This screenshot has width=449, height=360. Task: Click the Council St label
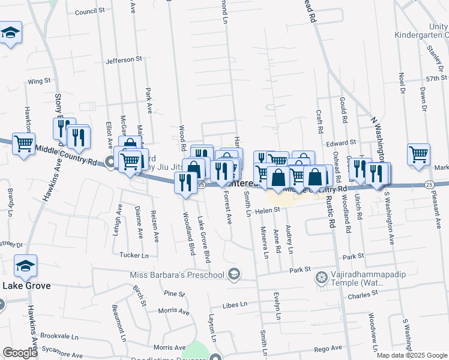pos(90,11)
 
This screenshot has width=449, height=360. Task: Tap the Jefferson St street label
pos(123,60)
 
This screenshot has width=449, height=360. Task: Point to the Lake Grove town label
pos(26,286)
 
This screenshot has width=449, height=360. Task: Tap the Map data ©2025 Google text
pos(411,355)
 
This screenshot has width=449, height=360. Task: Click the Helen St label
pos(268,210)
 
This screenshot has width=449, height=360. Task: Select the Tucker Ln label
pos(133,255)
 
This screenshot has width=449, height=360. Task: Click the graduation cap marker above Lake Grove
pos(26,266)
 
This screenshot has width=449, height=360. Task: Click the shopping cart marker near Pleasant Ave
pos(418,154)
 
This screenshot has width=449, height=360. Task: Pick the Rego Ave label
pos(328,348)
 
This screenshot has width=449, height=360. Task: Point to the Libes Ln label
pos(235,305)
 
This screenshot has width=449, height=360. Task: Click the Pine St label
pos(174,294)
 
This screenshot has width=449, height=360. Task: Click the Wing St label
pos(38,81)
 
